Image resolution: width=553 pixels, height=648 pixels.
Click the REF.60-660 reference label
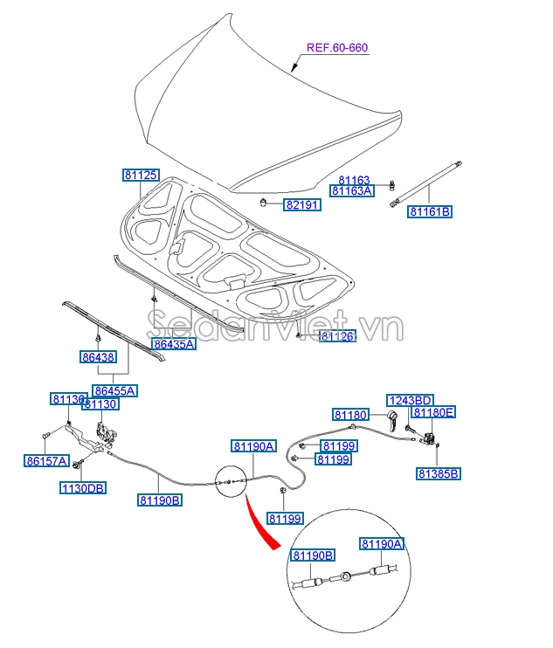336,48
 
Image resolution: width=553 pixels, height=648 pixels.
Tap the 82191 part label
302,205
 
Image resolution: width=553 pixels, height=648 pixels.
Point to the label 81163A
352,190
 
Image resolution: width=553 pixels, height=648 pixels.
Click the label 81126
337,336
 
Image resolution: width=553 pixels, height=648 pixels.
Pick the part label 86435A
174,344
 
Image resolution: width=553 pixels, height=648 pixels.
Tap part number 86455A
116,390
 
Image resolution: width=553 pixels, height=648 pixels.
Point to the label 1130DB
83,488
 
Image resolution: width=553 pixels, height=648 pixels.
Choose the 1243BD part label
411,400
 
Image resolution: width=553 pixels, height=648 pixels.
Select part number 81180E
434,412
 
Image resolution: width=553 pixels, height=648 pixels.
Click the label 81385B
438,473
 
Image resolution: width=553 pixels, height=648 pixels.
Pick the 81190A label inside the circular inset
383,544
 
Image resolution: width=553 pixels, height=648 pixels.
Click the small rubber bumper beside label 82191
263,203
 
